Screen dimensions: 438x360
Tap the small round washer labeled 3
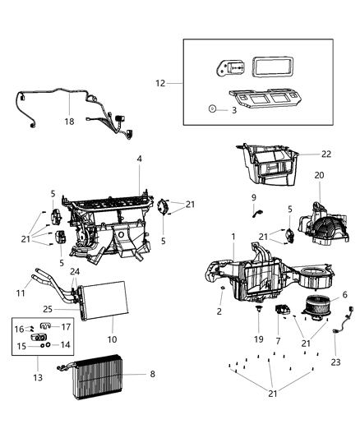(x=213, y=108)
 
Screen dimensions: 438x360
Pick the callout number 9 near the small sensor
(x=254, y=198)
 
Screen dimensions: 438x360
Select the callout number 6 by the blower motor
(x=345, y=294)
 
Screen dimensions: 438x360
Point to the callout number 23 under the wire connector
(x=336, y=362)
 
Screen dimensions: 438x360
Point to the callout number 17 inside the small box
(x=67, y=327)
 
